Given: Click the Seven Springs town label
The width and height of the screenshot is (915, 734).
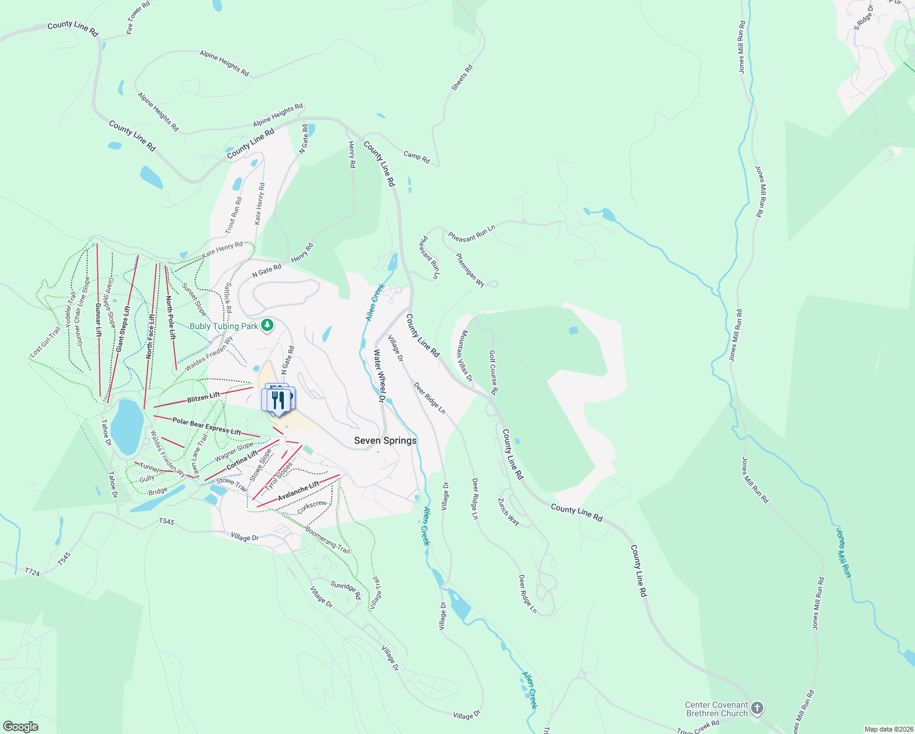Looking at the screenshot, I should (385, 440).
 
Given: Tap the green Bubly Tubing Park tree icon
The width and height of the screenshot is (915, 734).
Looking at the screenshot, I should (267, 326).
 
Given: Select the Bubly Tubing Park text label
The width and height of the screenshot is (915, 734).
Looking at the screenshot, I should (224, 326).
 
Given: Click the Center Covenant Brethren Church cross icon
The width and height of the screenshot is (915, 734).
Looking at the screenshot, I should (757, 709).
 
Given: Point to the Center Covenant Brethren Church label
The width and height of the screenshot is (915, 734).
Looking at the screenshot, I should (716, 709).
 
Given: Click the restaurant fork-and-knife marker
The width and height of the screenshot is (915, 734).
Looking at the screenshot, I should (279, 399).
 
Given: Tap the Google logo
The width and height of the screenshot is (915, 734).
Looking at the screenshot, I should (20, 727).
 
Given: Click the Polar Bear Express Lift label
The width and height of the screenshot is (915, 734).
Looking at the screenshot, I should (207, 426).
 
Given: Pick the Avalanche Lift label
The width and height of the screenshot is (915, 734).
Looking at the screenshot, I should (298, 491).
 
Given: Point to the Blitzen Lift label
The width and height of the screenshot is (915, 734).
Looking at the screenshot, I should (203, 398).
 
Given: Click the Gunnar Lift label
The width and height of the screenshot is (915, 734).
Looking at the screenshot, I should (98, 319).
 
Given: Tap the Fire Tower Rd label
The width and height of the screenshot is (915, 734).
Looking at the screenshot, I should (138, 18).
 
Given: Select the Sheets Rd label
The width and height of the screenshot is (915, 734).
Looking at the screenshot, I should (462, 78).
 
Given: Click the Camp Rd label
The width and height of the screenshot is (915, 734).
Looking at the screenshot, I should (417, 157).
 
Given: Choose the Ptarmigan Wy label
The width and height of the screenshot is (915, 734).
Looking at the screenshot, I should (470, 270).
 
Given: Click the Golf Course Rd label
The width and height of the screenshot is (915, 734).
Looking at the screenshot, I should (493, 373).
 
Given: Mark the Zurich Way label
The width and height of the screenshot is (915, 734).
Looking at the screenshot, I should (508, 511).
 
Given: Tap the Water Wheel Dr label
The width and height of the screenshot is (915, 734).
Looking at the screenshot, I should (379, 376).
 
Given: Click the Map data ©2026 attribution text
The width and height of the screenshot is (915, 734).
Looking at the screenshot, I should (888, 729).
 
